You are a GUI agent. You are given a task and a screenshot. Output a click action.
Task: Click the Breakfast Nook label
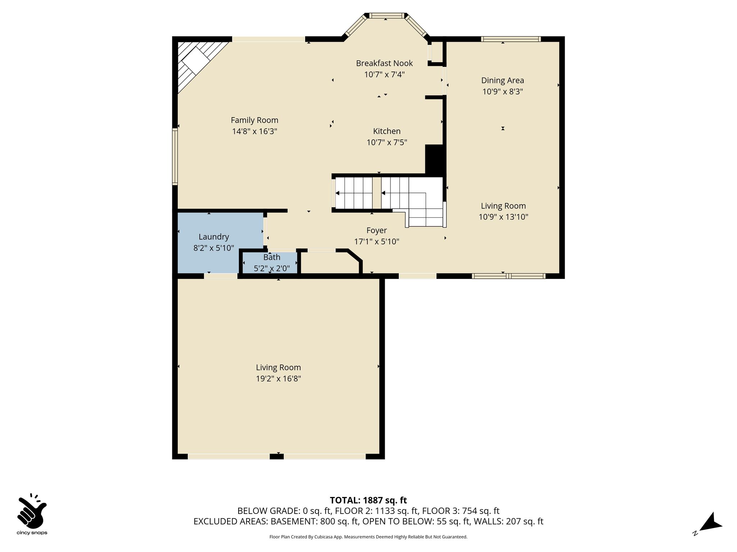[384, 63]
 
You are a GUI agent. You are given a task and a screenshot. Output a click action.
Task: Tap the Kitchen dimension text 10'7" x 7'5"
[387, 142]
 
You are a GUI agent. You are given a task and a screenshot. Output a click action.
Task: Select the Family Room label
[254, 120]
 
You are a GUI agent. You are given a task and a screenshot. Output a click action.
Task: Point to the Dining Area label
[503, 80]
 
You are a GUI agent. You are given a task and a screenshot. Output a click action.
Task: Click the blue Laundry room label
[214, 237]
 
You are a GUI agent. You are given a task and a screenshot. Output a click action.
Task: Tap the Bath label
[272, 257]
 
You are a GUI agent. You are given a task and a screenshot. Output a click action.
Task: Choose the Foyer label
[377, 230]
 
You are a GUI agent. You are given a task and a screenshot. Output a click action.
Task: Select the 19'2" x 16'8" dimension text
[279, 378]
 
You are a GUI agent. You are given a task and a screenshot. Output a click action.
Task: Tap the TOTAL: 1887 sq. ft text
[368, 500]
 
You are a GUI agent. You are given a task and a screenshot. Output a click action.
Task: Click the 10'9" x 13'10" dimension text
[503, 217]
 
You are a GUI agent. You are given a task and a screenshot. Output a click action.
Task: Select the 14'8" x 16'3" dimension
[254, 131]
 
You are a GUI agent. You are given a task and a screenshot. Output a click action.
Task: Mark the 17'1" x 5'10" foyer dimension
[377, 241]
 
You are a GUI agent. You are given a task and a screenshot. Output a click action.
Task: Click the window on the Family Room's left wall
[175, 157]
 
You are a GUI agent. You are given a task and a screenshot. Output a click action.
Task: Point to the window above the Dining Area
[511, 39]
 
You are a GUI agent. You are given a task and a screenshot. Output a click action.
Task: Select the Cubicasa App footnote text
[368, 537]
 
